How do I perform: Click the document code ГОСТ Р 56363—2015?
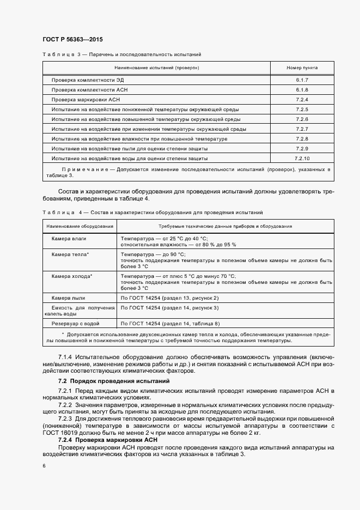(72, 40)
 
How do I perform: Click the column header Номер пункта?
(302, 68)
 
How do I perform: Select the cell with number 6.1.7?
(302, 80)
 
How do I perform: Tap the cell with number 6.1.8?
(302, 89)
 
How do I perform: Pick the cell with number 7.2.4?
(302, 100)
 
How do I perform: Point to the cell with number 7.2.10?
(302, 159)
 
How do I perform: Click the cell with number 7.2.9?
(302, 149)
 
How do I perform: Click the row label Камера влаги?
(69, 239)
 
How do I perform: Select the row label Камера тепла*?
(70, 254)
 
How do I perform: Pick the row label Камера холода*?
(72, 276)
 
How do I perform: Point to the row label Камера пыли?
(69, 298)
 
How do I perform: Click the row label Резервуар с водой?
(75, 324)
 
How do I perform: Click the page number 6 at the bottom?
(43, 466)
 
